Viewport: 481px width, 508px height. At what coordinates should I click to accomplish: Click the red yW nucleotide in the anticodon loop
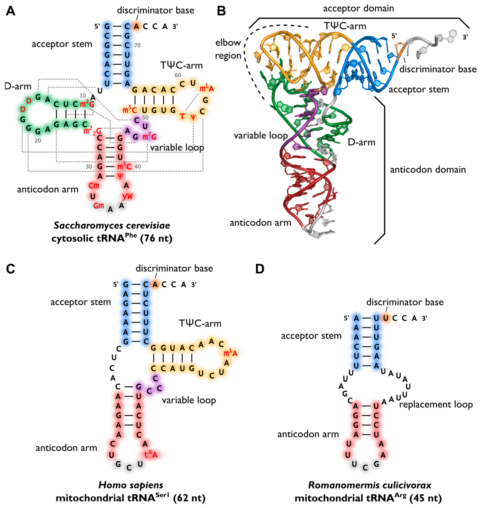127,196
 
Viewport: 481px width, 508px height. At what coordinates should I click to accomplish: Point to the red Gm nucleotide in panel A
98,206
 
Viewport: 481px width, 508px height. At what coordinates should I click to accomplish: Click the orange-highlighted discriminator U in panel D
385,318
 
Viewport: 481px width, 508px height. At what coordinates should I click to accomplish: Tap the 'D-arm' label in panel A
18,86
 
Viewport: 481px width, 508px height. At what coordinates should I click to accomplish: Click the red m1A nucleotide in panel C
230,353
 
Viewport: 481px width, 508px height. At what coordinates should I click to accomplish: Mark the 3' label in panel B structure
465,37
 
